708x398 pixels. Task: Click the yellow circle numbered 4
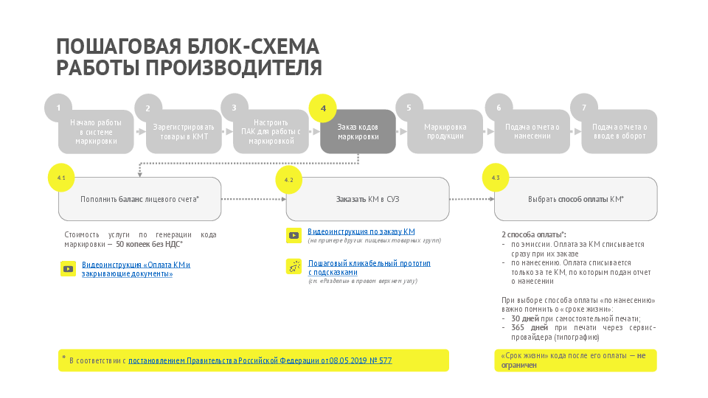click(x=323, y=108)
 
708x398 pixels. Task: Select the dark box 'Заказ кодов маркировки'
click(x=358, y=132)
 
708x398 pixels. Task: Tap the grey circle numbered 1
click(x=58, y=108)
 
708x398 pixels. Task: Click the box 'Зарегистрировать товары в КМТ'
click(x=184, y=132)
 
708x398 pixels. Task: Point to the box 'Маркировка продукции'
click(x=445, y=132)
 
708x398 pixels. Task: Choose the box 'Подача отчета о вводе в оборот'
click(x=619, y=132)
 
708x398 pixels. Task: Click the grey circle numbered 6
click(x=499, y=108)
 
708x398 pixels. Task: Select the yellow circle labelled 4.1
click(x=60, y=178)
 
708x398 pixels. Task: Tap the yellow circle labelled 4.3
click(x=496, y=178)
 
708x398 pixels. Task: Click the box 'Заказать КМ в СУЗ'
click(x=367, y=199)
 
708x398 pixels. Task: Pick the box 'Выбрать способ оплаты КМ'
click(x=575, y=199)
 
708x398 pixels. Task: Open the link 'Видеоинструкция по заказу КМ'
click(x=361, y=231)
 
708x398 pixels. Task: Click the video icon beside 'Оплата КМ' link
click(x=68, y=269)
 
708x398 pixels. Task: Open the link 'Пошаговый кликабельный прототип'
click(x=369, y=263)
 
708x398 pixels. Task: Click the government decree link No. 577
click(x=260, y=360)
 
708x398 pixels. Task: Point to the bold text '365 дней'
click(x=529, y=327)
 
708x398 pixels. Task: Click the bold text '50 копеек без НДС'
click(x=149, y=243)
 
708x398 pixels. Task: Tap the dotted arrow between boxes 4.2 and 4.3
click(x=471, y=199)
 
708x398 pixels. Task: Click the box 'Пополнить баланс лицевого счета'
click(x=139, y=199)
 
